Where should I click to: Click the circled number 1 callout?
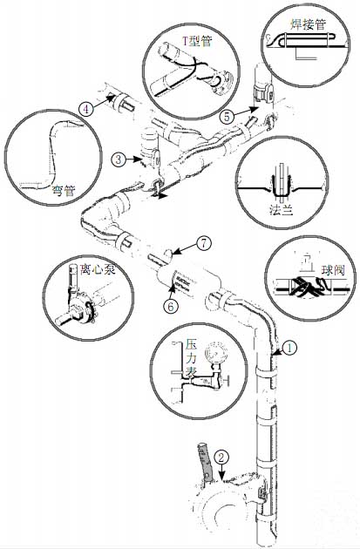coord(289,349)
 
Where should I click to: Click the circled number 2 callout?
coord(221,457)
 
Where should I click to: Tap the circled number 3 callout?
coord(119,159)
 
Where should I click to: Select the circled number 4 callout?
coord(85,109)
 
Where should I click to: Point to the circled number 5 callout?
coord(227,116)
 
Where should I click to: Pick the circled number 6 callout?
coord(171,307)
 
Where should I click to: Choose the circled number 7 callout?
coord(204,243)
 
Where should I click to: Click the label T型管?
coord(197,42)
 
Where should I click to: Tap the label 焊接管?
coord(309,24)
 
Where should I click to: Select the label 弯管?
coord(64,191)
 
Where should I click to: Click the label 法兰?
coord(281,209)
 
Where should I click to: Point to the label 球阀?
coord(333,270)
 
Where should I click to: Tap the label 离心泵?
coord(98,269)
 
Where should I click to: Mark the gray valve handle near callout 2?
coord(206,462)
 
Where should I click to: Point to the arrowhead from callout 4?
coord(111,98)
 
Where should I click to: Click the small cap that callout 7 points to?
coord(168,254)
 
